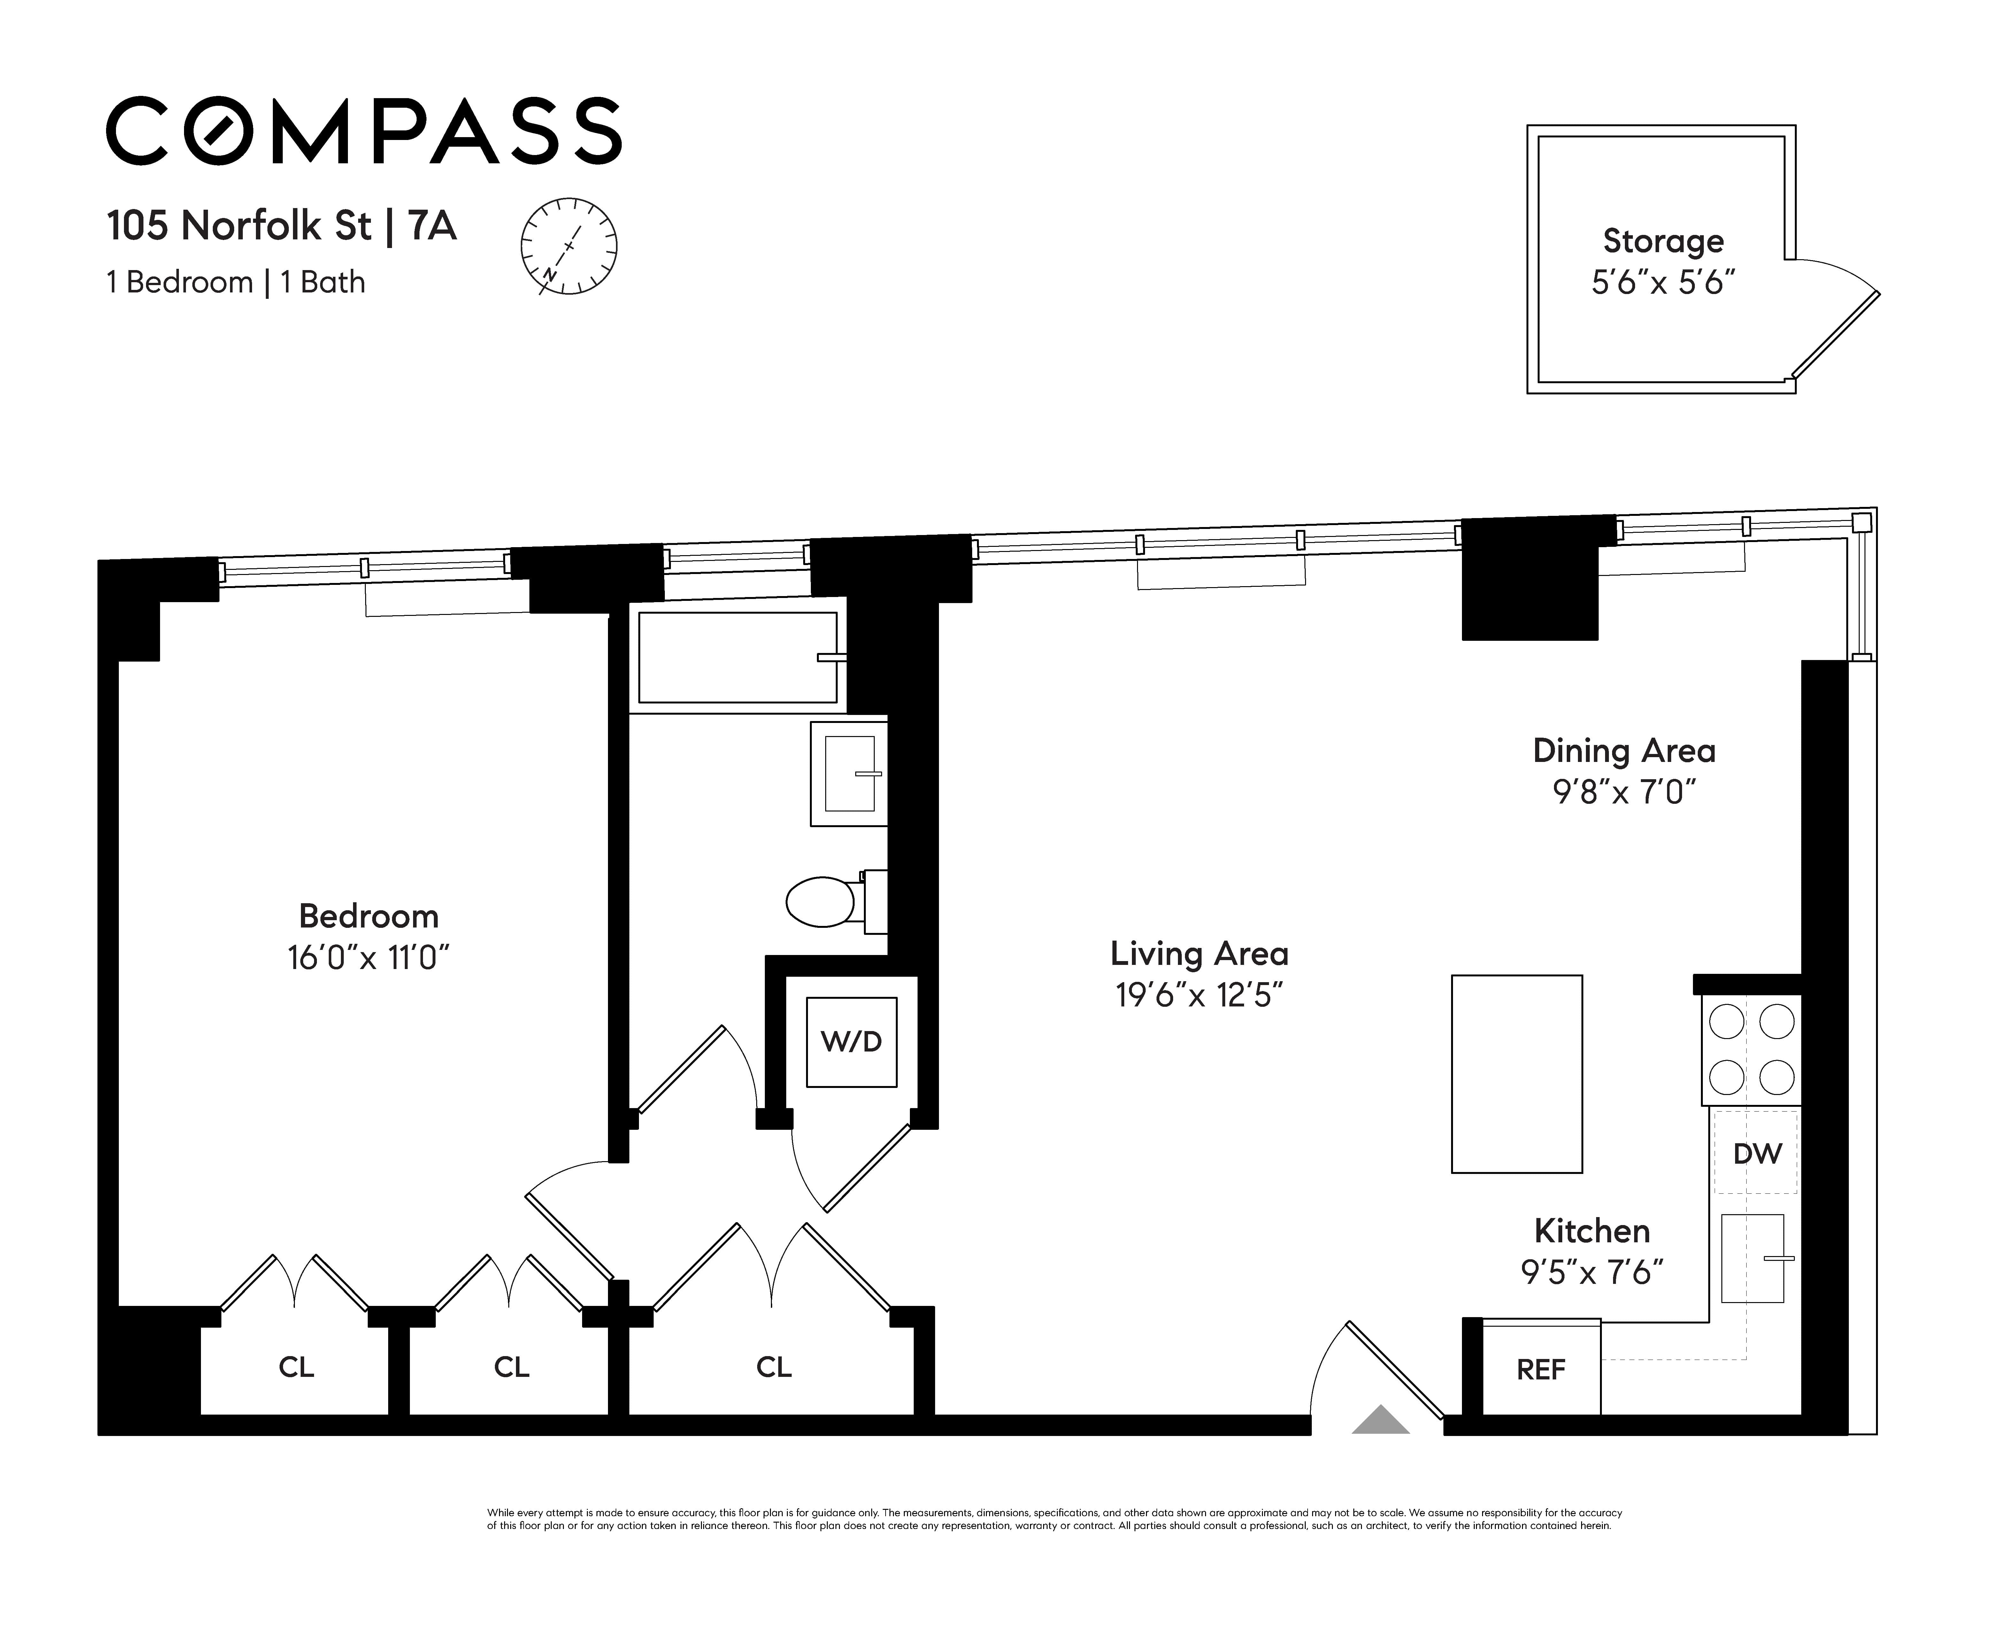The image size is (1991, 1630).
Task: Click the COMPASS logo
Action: click(x=363, y=130)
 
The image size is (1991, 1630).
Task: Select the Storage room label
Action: click(x=1663, y=241)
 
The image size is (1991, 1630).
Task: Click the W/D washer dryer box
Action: click(x=851, y=1042)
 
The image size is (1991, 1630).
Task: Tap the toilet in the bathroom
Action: click(x=835, y=901)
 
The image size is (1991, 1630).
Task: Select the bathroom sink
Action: click(x=849, y=774)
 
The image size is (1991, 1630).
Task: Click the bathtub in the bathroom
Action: click(x=738, y=657)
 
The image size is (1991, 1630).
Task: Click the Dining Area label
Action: click(x=1624, y=751)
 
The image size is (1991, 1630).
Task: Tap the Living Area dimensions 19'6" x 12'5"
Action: click(x=1199, y=995)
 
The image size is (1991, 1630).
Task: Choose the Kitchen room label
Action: click(x=1592, y=1231)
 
